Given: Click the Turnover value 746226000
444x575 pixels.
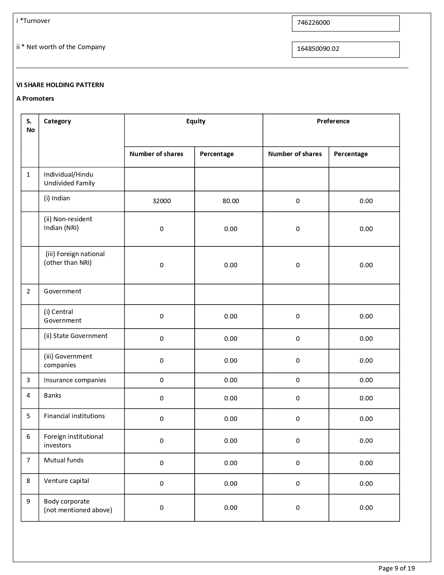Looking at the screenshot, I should click(313, 23).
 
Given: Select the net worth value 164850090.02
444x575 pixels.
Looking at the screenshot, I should click(318, 49).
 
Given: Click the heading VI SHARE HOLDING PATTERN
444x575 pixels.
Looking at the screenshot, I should click(60, 85).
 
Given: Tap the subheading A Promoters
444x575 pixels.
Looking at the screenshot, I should click(35, 99).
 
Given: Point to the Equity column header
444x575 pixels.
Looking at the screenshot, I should click(196, 121).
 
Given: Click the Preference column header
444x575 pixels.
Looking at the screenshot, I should click(333, 121).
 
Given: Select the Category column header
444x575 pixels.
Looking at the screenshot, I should click(57, 121).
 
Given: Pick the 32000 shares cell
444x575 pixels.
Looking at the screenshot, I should click(162, 201).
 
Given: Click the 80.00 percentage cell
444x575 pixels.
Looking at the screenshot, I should click(231, 201).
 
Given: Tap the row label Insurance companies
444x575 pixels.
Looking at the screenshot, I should click(75, 380).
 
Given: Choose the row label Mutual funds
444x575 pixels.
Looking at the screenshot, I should click(64, 460).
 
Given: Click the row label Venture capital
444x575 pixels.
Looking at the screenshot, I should click(66, 481).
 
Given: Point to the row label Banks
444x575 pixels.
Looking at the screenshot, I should click(53, 396).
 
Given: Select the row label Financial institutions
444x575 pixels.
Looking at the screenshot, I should click(74, 416).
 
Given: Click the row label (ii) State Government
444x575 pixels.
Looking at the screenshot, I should click(76, 336).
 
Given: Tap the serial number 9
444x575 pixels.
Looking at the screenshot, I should click(28, 501).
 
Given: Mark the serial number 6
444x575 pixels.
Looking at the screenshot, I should click(28, 437).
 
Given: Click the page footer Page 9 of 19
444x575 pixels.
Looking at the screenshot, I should click(396, 568).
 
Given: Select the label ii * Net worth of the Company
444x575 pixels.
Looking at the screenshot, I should click(61, 47).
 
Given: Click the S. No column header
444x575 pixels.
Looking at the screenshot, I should click(30, 125).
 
